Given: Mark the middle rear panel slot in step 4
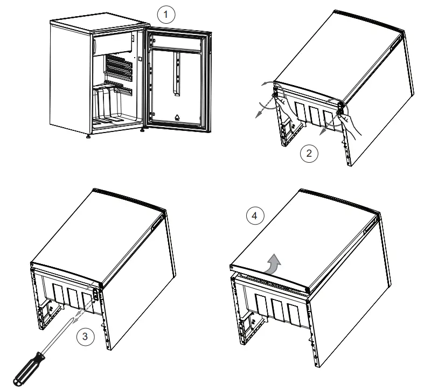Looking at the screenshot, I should click(277, 312).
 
